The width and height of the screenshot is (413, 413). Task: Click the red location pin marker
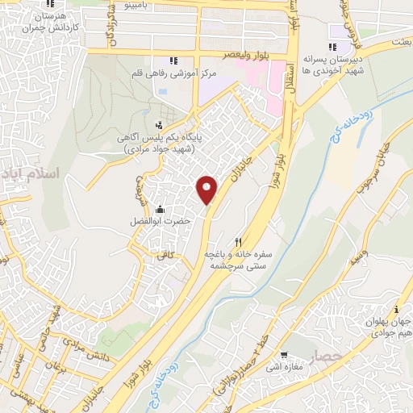pos(208,190)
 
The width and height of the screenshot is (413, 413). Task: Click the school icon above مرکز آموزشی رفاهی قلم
pos(172,60)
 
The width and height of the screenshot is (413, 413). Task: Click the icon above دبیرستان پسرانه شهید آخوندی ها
pos(332,48)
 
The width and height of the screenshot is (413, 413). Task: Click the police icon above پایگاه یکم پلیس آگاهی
pos(158,125)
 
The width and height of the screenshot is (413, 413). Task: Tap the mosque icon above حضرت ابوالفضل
pos(161,208)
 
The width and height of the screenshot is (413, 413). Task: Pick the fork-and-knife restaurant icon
pos(238,241)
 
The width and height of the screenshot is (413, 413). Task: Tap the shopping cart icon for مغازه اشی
pos(284,355)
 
